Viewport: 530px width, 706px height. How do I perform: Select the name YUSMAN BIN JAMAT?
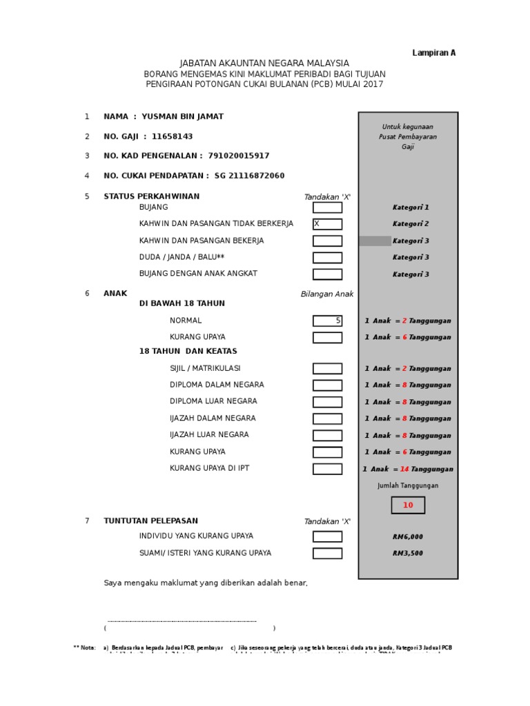pyautogui.click(x=182, y=117)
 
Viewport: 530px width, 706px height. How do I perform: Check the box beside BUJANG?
pyautogui.click(x=327, y=208)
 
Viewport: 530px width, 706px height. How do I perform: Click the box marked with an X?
pyautogui.click(x=327, y=224)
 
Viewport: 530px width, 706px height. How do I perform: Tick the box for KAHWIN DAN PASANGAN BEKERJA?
pyautogui.click(x=327, y=241)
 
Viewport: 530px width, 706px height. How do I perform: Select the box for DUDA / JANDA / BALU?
pyautogui.click(x=327, y=257)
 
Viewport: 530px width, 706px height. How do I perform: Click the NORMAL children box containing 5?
pyautogui.click(x=327, y=321)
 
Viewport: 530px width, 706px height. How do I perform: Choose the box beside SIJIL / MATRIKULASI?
pyautogui.click(x=327, y=368)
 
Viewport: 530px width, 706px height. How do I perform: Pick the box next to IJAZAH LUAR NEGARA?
pyautogui.click(x=327, y=435)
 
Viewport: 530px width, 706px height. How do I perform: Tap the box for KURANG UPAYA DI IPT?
pyautogui.click(x=327, y=469)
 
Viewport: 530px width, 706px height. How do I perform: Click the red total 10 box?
pyautogui.click(x=408, y=505)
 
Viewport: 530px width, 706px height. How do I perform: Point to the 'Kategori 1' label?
pyautogui.click(x=411, y=208)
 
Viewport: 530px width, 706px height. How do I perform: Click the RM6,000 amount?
pyautogui.click(x=408, y=536)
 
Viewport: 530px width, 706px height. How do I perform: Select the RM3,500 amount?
pyautogui.click(x=408, y=553)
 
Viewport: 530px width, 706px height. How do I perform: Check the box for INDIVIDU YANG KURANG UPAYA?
pyautogui.click(x=327, y=536)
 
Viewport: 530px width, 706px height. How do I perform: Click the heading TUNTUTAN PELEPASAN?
pyautogui.click(x=150, y=521)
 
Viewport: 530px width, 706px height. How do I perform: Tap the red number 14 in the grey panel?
pyautogui.click(x=404, y=469)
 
